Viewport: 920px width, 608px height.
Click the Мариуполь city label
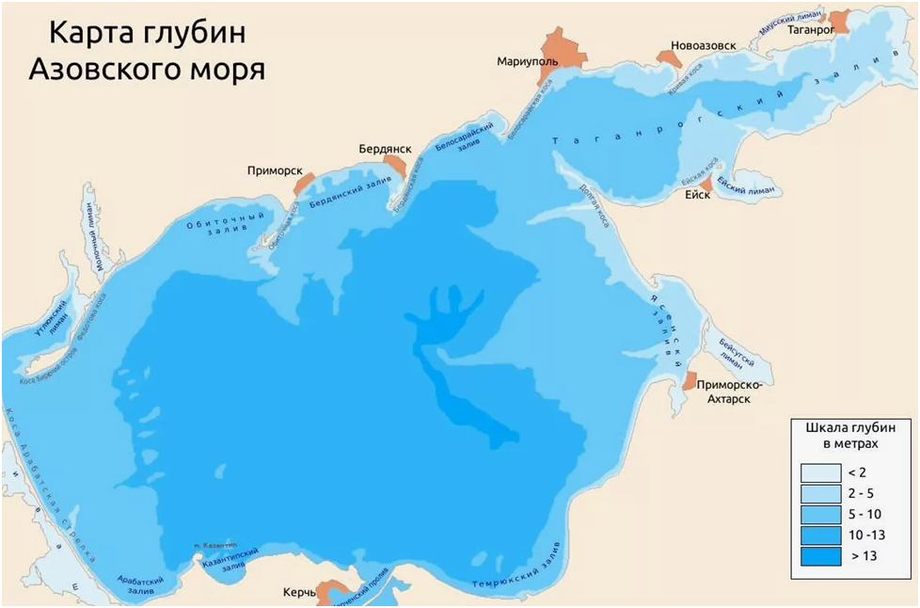[x=527, y=61]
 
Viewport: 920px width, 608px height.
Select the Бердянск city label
[x=385, y=149]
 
